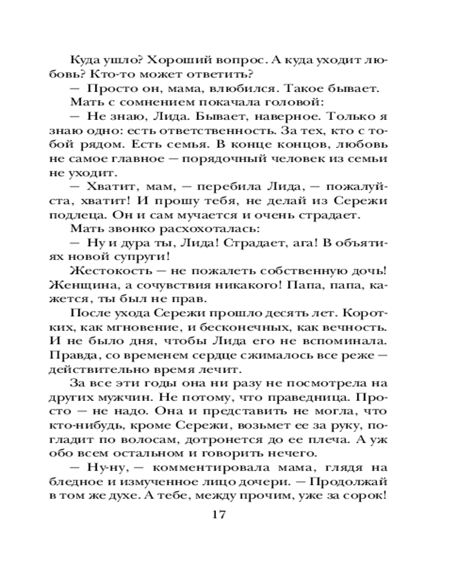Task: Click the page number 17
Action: [219, 515]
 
